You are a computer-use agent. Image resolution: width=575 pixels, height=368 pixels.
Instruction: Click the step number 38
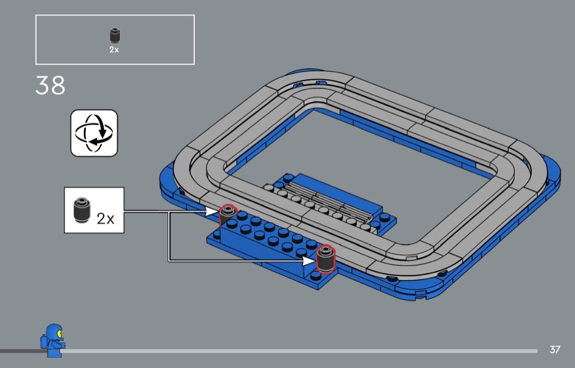(x=50, y=85)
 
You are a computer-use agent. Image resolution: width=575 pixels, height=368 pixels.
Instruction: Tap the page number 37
(x=555, y=349)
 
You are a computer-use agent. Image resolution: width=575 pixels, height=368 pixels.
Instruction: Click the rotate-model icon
(x=94, y=133)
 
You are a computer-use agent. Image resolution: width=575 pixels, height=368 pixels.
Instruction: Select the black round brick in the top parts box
(x=115, y=36)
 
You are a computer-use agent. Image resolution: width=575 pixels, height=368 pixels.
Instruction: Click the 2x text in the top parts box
(x=114, y=49)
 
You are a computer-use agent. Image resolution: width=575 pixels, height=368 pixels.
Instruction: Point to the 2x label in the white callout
(x=106, y=219)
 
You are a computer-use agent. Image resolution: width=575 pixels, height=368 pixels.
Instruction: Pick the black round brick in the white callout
(x=82, y=210)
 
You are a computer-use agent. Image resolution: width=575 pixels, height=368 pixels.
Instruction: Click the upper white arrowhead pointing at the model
(x=211, y=211)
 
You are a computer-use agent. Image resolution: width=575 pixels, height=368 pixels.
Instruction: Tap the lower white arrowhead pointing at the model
(x=309, y=261)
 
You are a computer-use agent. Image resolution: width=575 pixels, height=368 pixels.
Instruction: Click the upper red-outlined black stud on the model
(x=228, y=215)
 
